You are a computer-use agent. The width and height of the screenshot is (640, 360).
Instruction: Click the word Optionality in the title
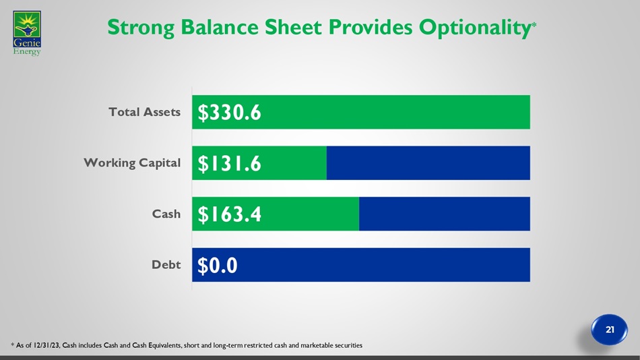click(475, 28)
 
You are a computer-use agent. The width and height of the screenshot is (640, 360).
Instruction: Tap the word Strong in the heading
click(141, 28)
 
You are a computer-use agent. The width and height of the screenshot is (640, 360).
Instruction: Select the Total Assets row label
click(144, 112)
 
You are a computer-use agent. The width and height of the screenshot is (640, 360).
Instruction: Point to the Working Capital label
click(132, 162)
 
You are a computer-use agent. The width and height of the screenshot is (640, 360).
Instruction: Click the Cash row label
click(166, 214)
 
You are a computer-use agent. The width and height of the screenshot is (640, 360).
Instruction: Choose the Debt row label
click(166, 265)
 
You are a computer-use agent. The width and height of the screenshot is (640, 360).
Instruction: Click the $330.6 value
click(229, 113)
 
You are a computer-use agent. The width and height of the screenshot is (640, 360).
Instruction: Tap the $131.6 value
click(229, 163)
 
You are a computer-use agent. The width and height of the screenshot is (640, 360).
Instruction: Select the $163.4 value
click(229, 214)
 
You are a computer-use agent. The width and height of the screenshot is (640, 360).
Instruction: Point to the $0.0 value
click(217, 265)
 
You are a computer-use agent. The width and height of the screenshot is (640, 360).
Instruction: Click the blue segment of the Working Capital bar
click(428, 162)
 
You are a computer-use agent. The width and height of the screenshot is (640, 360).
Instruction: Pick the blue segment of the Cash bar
click(445, 214)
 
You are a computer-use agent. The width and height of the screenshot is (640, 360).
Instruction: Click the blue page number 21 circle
click(610, 330)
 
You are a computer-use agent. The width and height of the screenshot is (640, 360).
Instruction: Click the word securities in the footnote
click(348, 345)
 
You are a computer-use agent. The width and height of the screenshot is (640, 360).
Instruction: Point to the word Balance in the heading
click(219, 28)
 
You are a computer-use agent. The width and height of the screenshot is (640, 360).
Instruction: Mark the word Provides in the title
click(371, 28)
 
